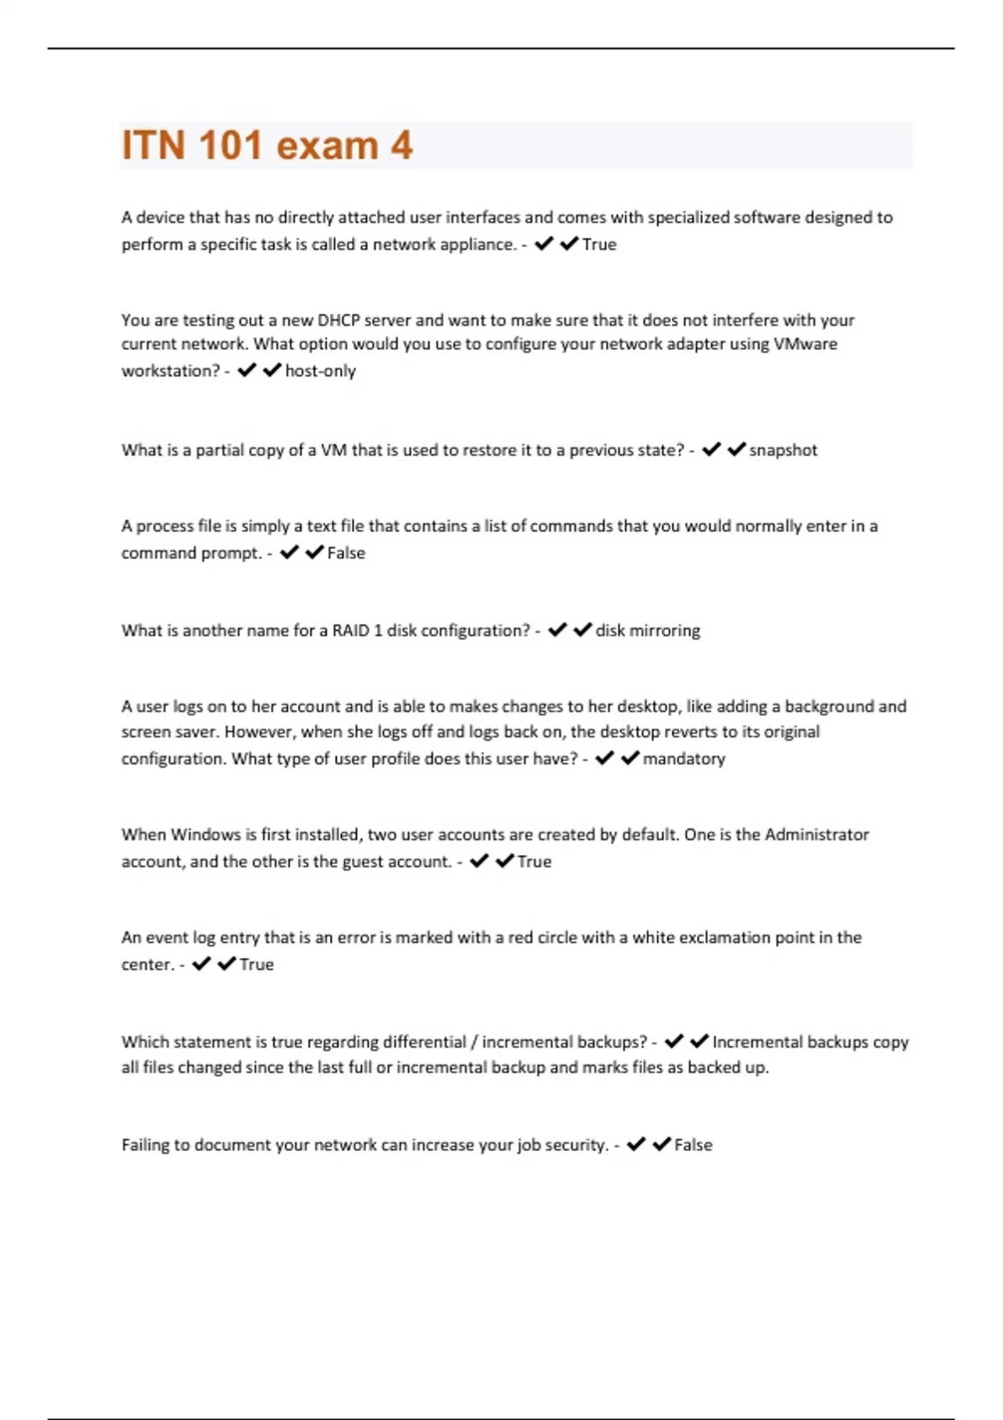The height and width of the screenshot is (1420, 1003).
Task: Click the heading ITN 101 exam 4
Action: pos(267,145)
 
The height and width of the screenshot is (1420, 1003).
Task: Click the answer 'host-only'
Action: pos(320,371)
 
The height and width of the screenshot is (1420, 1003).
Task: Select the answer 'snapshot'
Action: pos(783,450)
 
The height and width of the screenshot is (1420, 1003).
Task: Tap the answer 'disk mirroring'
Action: pos(648,631)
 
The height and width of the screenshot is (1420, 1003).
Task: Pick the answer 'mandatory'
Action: pos(684,758)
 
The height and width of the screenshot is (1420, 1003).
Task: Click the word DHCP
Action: pos(338,320)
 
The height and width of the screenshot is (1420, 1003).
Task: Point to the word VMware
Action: pos(805,344)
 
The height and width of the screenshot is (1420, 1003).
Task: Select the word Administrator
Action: pos(817,834)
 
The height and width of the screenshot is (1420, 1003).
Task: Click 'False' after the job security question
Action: pos(693,1145)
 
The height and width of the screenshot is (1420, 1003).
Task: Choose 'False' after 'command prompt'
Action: pos(346,553)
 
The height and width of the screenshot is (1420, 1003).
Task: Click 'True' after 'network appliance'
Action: pos(599,245)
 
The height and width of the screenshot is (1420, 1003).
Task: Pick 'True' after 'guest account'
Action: pos(534,862)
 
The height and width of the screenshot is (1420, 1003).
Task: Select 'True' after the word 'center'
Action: pos(257,965)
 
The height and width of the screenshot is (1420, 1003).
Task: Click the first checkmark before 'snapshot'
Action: pos(711,449)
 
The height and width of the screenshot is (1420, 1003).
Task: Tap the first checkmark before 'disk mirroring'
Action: pos(558,630)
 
